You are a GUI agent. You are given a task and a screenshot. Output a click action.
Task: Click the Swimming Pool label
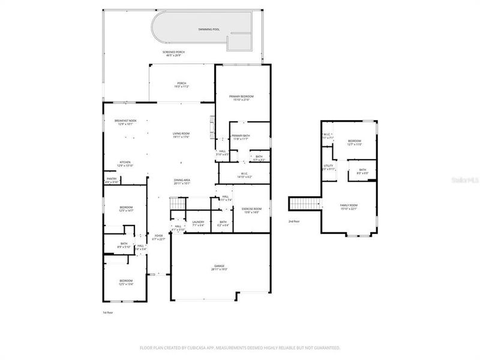click(x=209, y=29)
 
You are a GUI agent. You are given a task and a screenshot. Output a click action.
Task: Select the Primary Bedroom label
click(x=242, y=98)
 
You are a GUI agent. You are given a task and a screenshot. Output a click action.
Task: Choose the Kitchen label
click(x=125, y=163)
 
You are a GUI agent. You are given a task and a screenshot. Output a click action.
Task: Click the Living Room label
click(x=181, y=135)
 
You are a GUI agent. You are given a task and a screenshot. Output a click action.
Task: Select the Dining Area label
click(x=182, y=182)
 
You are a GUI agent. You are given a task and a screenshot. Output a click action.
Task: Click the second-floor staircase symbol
click(x=305, y=204)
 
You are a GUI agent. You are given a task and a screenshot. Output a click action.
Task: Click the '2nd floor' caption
click(x=293, y=221)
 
